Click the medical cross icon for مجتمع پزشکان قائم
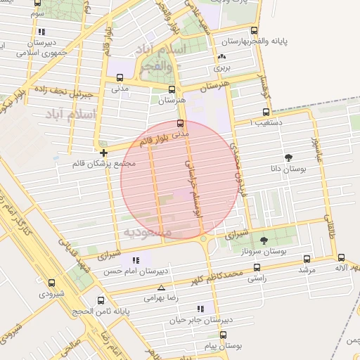pos(103,152)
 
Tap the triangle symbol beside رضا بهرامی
pos(162,288)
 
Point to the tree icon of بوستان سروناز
pos(264,240)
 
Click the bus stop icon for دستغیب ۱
pos(266,112)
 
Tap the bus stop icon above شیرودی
pos(51,283)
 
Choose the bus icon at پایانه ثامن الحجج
pos(101,300)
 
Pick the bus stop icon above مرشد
pos(305,258)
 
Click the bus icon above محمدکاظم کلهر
pos(256,267)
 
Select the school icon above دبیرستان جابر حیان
pos(201,308)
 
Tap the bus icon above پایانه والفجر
pos(255,30)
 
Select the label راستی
pos(256,279)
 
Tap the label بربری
pos(222,69)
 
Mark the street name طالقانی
pos(329,229)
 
